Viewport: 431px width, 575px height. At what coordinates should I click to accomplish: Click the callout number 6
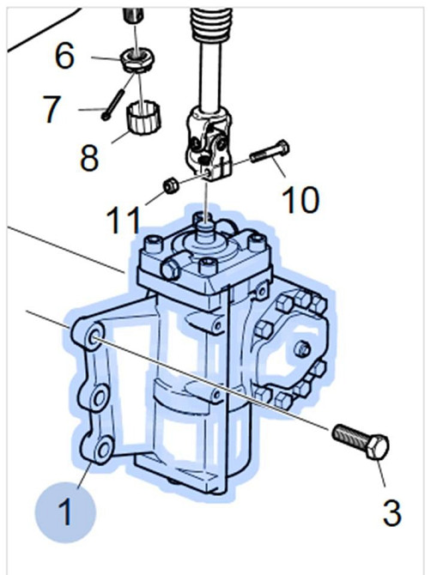(x=64, y=56)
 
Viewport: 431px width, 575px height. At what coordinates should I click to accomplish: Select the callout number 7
(x=51, y=109)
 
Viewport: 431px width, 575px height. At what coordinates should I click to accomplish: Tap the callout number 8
(x=89, y=158)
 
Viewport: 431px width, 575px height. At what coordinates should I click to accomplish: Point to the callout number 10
(x=300, y=200)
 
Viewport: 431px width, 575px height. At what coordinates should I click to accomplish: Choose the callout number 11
(x=124, y=220)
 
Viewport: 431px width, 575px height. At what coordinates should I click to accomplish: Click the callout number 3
(x=392, y=513)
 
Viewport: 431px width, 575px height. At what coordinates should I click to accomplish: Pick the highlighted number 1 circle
(x=65, y=512)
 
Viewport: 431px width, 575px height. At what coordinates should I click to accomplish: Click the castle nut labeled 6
(x=137, y=61)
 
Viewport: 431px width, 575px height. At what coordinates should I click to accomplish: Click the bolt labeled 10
(x=270, y=151)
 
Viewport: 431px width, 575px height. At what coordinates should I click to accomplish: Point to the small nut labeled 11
(x=171, y=185)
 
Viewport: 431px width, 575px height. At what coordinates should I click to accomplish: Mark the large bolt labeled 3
(x=361, y=441)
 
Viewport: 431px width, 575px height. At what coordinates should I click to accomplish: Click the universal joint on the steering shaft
(x=209, y=144)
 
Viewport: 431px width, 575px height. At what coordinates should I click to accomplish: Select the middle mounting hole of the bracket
(x=99, y=397)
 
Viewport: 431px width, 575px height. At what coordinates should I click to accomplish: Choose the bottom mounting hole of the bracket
(x=103, y=450)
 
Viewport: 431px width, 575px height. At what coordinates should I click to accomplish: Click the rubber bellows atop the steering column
(x=211, y=24)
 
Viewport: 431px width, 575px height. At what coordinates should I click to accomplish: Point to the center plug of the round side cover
(x=302, y=349)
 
